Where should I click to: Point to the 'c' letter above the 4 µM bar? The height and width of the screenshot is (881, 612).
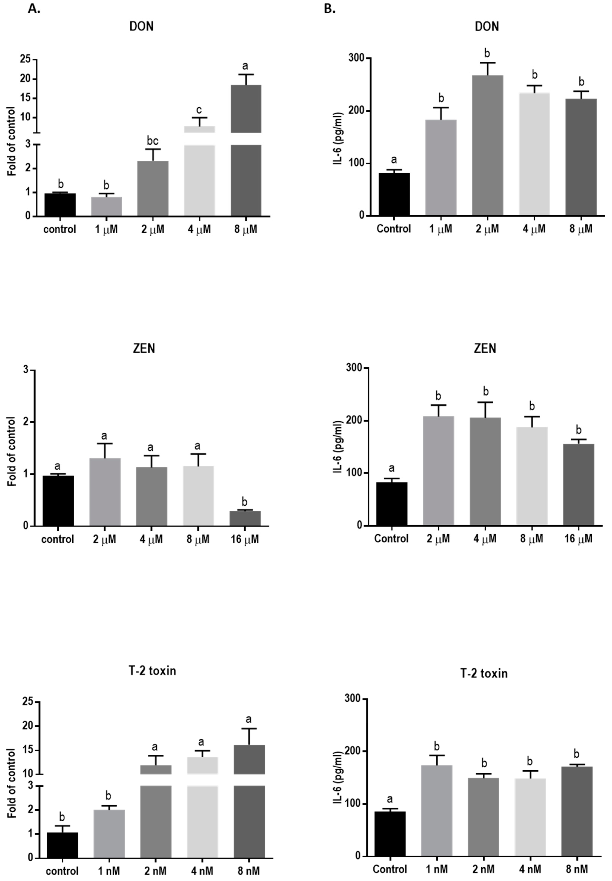199,110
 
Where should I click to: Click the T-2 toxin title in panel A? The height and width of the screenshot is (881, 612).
152,671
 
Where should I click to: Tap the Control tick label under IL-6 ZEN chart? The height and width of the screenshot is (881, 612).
391,539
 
